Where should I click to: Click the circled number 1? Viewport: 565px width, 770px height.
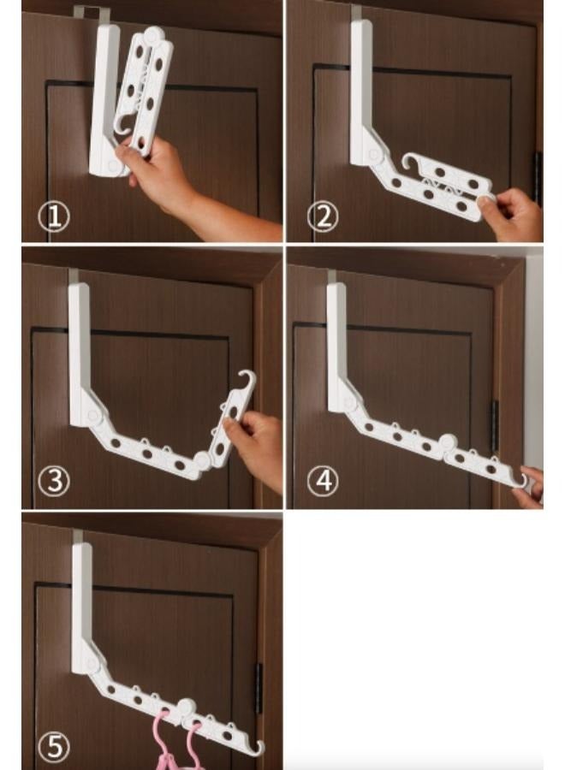click(53, 217)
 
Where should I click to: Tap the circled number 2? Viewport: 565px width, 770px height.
click(322, 216)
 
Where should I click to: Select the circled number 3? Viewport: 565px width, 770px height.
click(54, 481)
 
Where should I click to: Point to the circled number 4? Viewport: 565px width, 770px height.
click(322, 481)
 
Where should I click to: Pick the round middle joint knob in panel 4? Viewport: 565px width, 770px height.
click(445, 444)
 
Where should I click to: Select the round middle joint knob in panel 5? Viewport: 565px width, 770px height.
click(184, 708)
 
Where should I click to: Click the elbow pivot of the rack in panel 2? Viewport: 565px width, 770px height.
click(373, 154)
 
